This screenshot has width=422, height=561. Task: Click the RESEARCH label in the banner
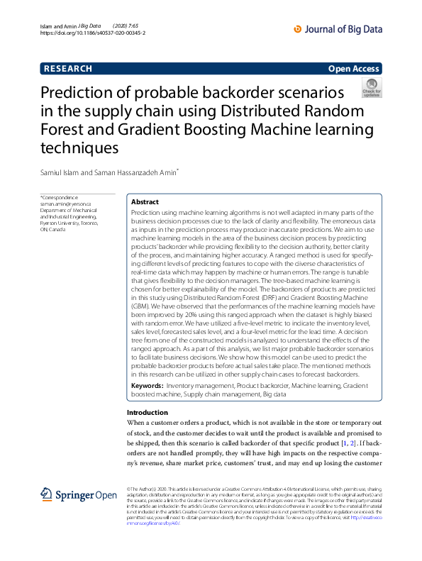click(68, 69)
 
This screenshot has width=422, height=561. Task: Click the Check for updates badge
click(371, 88)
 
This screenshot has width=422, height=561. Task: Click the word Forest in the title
click(62, 130)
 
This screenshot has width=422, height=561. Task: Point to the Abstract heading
click(145, 202)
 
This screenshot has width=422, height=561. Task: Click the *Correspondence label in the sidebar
click(60, 197)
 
